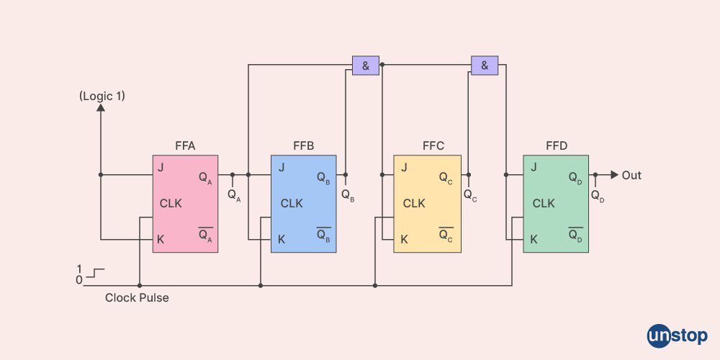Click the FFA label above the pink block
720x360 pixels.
pyautogui.click(x=185, y=146)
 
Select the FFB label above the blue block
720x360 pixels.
pyautogui.click(x=303, y=146)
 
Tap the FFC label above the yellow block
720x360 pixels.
pyautogui.click(x=433, y=146)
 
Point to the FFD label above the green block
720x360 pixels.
pyautogui.click(x=557, y=146)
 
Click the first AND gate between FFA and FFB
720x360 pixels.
pyautogui.click(x=365, y=66)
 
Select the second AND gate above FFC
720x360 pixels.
pyautogui.click(x=485, y=66)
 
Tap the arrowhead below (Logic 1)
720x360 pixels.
pyautogui.click(x=101, y=109)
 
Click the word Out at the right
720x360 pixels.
pyautogui.click(x=631, y=175)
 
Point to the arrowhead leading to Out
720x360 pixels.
pyautogui.click(x=614, y=175)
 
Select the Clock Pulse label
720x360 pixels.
pyautogui.click(x=137, y=297)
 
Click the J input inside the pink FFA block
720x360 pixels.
pyautogui.click(x=161, y=168)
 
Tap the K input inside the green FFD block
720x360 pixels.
pyautogui.click(x=534, y=239)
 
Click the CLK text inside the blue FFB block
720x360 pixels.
pyautogui.click(x=292, y=204)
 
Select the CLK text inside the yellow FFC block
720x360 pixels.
pyautogui.click(x=414, y=204)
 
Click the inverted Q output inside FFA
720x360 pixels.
pyautogui.click(x=205, y=235)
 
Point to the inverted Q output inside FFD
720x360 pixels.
pyautogui.click(x=575, y=235)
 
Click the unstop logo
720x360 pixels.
pyautogui.click(x=677, y=336)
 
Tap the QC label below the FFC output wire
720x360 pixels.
pyautogui.click(x=469, y=194)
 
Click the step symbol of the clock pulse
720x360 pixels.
pyautogui.click(x=96, y=274)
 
